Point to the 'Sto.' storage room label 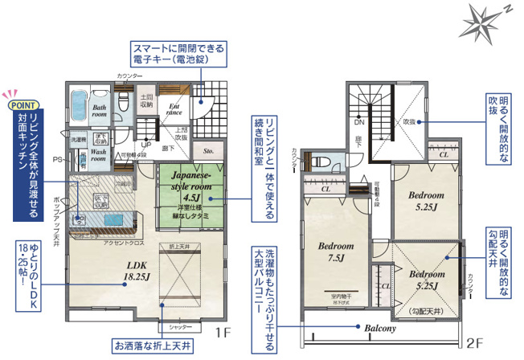coord(208,149)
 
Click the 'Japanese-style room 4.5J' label coord(190,185)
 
